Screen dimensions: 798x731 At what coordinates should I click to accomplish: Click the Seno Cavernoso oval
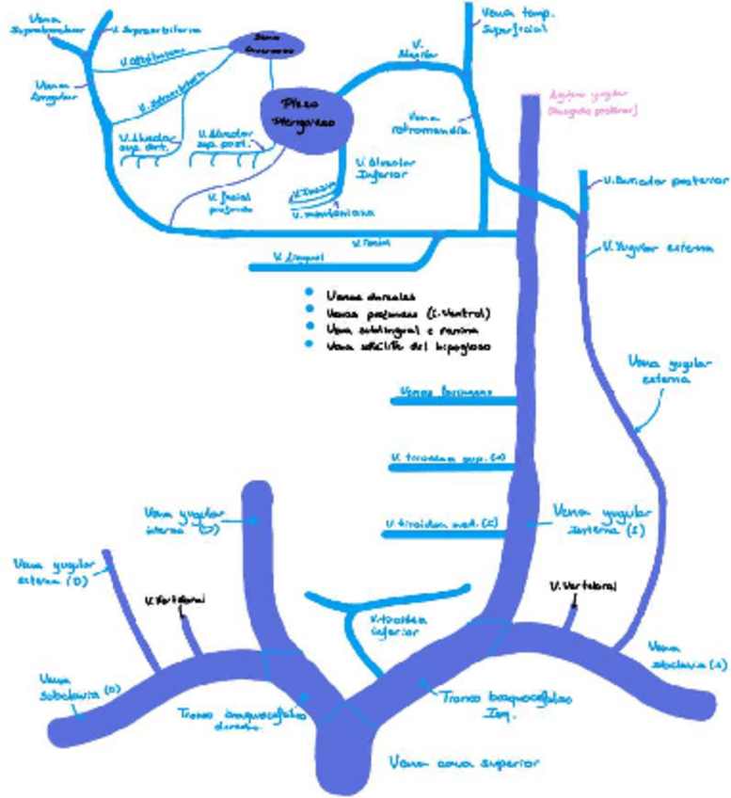point(268,43)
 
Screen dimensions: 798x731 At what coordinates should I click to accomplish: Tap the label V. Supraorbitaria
point(155,30)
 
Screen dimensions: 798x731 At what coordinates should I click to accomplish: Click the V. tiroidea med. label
point(440,523)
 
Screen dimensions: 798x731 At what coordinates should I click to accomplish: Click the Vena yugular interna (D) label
point(184,520)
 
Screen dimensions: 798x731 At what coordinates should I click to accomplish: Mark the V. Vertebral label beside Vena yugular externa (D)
point(176,598)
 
